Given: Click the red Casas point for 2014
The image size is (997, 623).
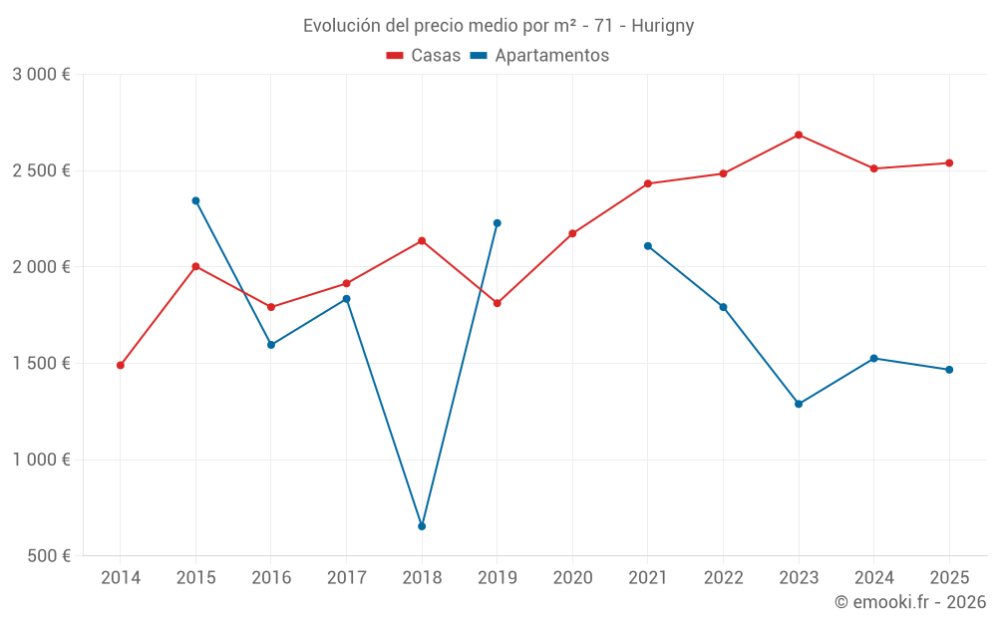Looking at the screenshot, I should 121,365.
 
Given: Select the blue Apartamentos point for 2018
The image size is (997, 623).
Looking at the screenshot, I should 422,526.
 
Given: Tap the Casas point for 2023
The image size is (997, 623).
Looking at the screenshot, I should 799,135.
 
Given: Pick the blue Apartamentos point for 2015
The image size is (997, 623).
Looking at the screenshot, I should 195,200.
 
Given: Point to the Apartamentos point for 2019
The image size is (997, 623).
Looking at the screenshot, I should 498,223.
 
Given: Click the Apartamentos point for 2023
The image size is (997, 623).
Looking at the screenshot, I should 799,404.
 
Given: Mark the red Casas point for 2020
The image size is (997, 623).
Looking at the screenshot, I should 572,233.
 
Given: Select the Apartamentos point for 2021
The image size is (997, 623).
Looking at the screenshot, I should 648,246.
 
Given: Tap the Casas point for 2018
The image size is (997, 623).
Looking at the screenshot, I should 422,240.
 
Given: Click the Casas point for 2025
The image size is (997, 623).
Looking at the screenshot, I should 949,162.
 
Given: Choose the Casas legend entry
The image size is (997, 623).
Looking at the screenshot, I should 424,56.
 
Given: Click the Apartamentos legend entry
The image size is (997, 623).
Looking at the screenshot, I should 539,56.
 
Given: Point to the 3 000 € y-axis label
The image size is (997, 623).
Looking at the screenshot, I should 41,75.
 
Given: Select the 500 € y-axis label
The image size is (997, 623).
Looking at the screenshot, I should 48,556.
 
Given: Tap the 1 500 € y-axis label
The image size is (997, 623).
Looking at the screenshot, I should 41,364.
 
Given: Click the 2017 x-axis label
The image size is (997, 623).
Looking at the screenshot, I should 346,577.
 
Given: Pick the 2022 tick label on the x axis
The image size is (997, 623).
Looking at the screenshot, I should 723,577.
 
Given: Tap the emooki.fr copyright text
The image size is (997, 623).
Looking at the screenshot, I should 910,601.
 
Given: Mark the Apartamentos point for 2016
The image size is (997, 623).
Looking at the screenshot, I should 271,345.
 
